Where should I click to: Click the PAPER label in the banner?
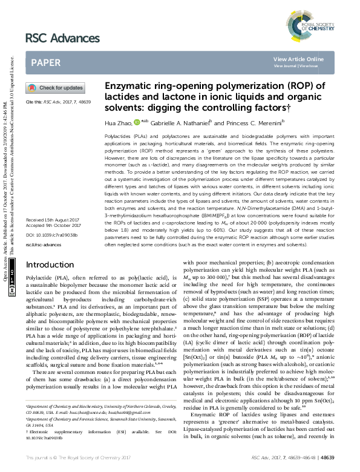tap(45, 62)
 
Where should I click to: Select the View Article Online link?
tap(298, 59)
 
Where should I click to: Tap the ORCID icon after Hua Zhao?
tap(137, 122)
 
